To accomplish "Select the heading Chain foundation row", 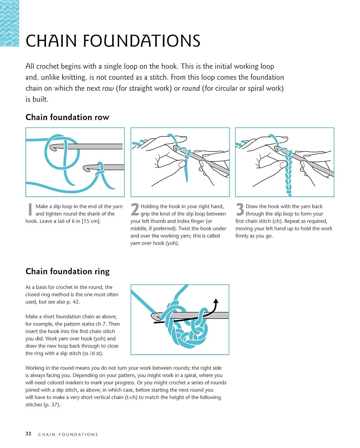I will [x=67, y=117].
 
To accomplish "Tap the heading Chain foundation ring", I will [x=68, y=271].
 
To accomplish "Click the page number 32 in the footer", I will [x=28, y=434].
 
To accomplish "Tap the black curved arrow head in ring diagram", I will [x=216, y=301].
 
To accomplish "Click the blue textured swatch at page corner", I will [x=9, y=23].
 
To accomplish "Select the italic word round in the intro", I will [x=191, y=88].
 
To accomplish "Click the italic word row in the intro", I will [x=108, y=88].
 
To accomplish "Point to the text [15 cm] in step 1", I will [x=91, y=221].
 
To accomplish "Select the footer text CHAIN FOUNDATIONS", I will [x=68, y=435].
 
